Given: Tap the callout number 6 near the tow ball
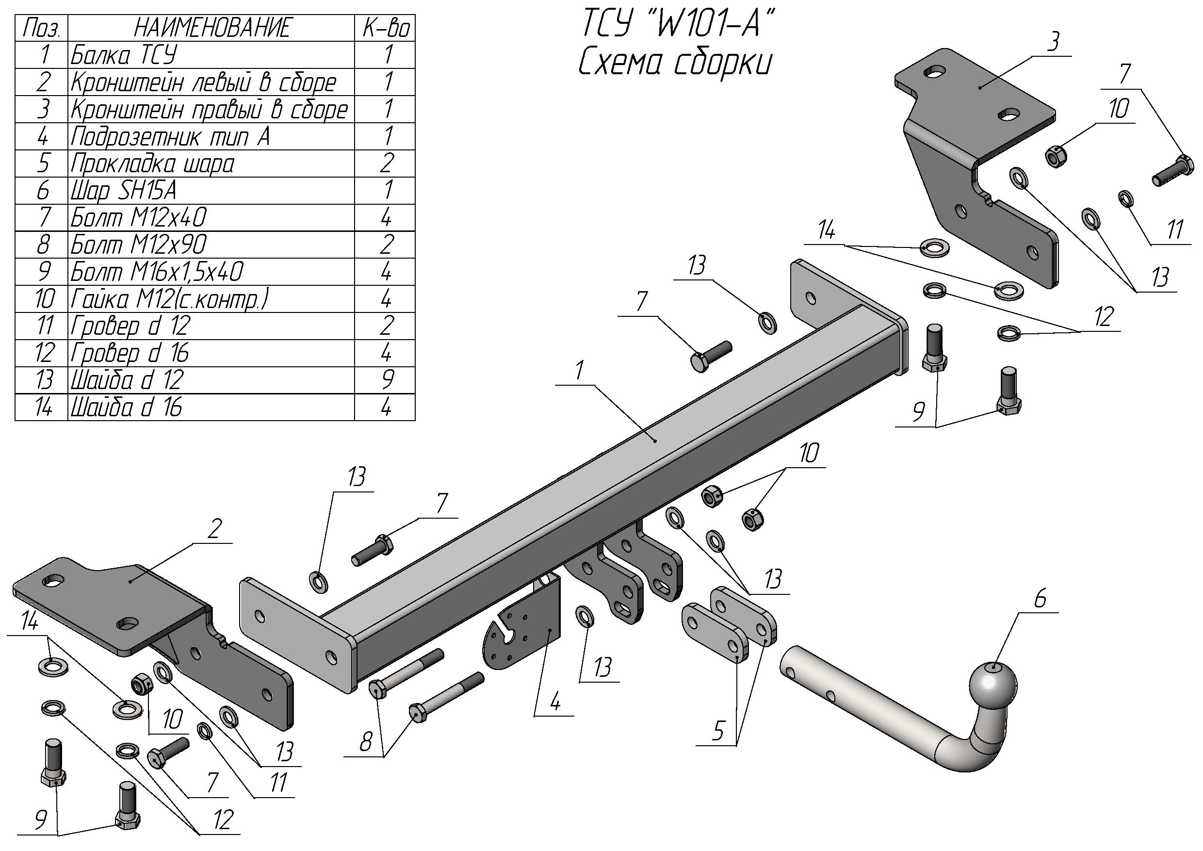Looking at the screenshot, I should pyautogui.click(x=1040, y=599).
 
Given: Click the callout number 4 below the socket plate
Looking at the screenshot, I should pyautogui.click(x=555, y=701).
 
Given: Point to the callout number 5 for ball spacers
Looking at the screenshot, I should pyautogui.click(x=717, y=731).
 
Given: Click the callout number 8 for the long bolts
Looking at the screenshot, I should pyautogui.click(x=366, y=741).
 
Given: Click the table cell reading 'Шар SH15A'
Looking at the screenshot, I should pyautogui.click(x=124, y=190).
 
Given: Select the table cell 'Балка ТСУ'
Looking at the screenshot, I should pyautogui.click(x=124, y=54).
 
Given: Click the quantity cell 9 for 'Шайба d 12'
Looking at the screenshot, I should pyautogui.click(x=386, y=380).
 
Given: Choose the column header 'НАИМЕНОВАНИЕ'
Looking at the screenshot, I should pyautogui.click(x=211, y=28).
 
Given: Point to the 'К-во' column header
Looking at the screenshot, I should pyautogui.click(x=386, y=28).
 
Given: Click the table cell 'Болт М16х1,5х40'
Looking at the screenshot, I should pyautogui.click(x=157, y=271).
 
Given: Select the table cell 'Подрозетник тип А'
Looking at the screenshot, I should pyautogui.click(x=170, y=136).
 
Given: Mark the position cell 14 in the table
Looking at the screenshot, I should pyautogui.click(x=43, y=407).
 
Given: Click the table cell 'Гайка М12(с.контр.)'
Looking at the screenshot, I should pyautogui.click(x=169, y=299).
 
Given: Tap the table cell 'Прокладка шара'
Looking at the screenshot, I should pyautogui.click(x=152, y=164).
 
